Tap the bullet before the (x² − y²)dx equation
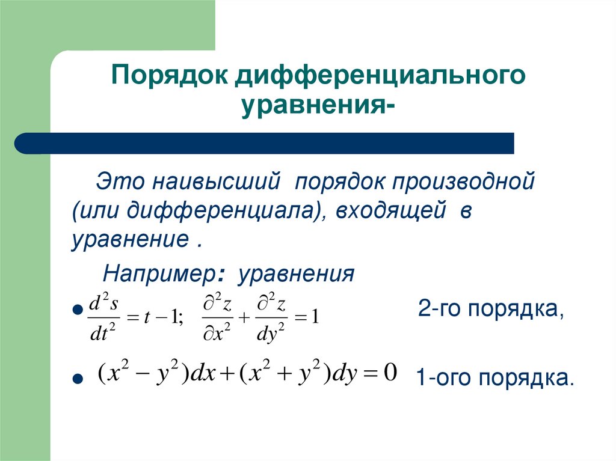pos(76,380)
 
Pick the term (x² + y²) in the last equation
pos(276,374)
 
